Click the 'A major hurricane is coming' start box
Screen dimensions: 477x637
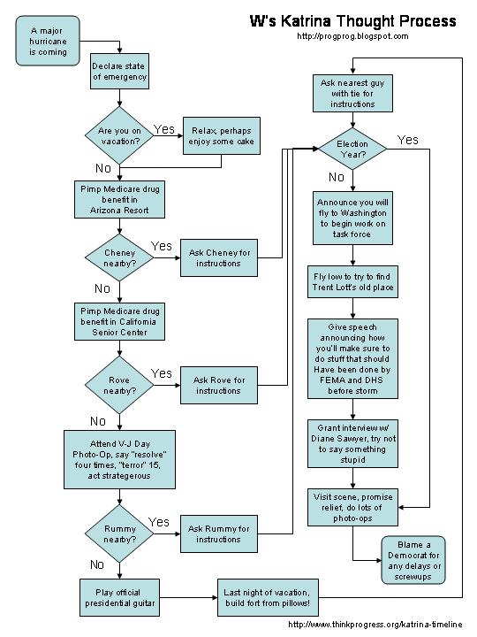tap(48, 41)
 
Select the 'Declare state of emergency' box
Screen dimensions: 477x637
tap(119, 72)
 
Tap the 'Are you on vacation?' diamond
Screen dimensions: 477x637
tap(119, 135)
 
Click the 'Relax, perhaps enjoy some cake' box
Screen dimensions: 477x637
tap(222, 136)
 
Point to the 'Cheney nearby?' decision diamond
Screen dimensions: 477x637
tap(119, 257)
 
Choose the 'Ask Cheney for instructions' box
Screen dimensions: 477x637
tap(219, 258)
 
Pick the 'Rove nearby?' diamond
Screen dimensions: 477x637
tap(119, 385)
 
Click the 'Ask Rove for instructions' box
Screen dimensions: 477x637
tap(219, 385)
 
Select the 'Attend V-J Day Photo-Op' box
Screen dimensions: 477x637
tap(119, 459)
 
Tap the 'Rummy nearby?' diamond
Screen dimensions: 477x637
tap(119, 533)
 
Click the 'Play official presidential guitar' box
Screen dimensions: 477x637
tap(119, 597)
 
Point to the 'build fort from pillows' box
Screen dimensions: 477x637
tap(269, 597)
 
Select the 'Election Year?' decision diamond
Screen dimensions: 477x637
tap(352, 150)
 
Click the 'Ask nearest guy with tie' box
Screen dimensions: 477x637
tap(352, 94)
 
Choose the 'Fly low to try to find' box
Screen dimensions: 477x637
tap(352, 282)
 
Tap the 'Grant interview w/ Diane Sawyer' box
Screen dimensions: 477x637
tap(352, 443)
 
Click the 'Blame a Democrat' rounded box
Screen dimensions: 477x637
tap(413, 560)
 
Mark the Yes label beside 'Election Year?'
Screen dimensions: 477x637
tap(407, 140)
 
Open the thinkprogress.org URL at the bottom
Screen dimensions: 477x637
tap(375, 625)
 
